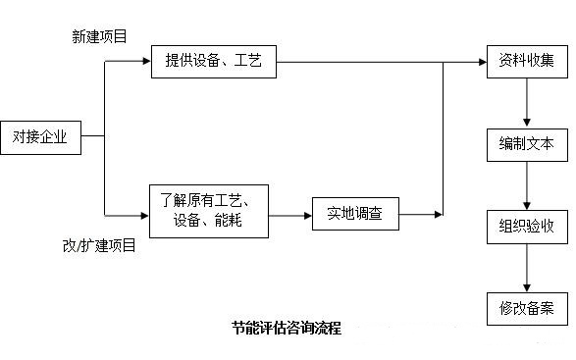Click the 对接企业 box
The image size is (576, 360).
(40, 138)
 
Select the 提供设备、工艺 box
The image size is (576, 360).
(213, 62)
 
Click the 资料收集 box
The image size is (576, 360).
(527, 62)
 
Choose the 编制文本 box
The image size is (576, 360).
(527, 144)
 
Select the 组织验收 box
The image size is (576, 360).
(527, 227)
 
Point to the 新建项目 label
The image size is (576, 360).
(99, 36)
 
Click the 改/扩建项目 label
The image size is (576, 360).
(99, 246)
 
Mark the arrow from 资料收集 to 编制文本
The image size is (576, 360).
(528, 102)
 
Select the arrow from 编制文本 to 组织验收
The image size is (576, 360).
(528, 185)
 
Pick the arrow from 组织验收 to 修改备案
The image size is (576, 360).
(528, 268)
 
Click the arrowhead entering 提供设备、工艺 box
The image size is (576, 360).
(145, 62)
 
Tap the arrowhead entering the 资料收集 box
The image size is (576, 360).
(482, 62)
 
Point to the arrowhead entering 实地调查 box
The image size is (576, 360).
(306, 213)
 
